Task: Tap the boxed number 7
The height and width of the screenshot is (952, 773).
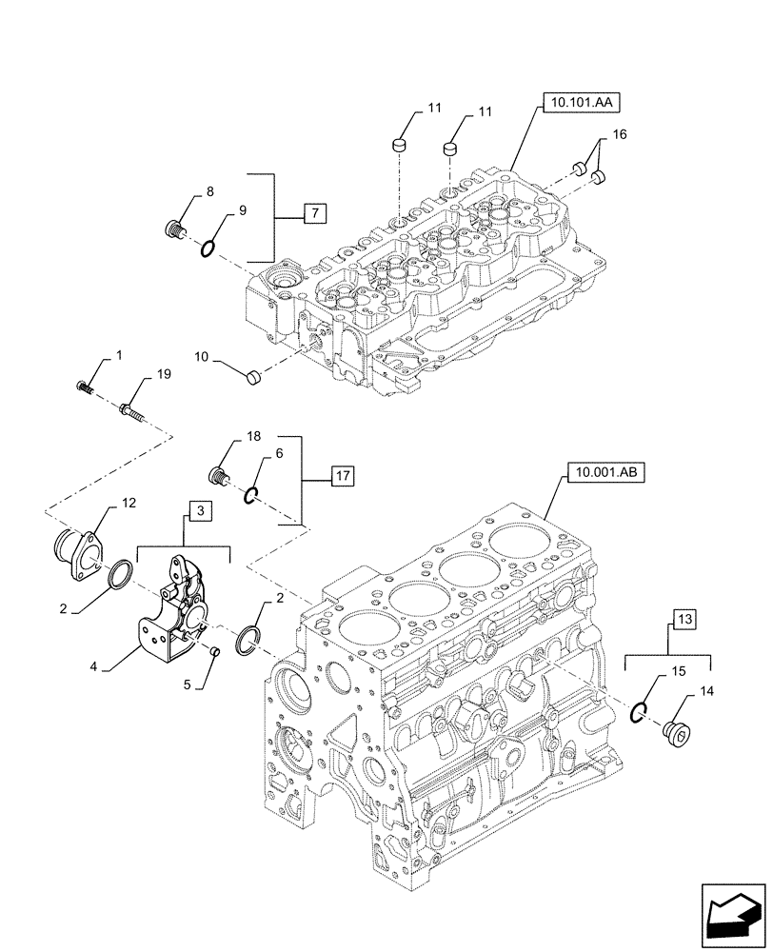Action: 314,213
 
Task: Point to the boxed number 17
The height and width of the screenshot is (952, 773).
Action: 342,473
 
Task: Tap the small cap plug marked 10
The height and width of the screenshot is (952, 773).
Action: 252,377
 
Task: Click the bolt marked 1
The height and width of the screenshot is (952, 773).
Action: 84,387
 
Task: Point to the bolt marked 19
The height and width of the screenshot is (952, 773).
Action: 129,411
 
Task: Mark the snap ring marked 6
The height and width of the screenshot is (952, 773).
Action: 251,493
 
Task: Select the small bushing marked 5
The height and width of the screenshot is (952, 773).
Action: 215,651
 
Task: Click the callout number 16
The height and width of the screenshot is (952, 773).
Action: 619,136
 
